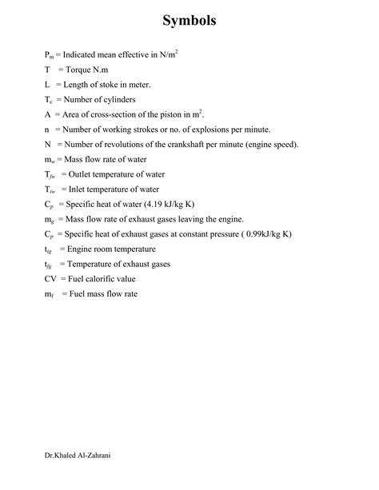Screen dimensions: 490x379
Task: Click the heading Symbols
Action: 189,22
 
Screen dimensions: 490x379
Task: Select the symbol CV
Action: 51,279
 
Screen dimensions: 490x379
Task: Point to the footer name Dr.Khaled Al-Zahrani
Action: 78,456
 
